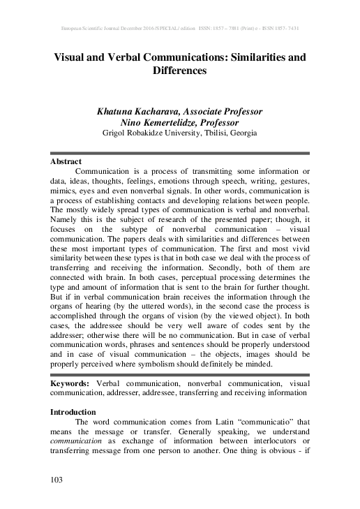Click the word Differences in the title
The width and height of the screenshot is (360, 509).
point(180,71)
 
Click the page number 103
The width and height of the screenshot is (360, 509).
point(57,479)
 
